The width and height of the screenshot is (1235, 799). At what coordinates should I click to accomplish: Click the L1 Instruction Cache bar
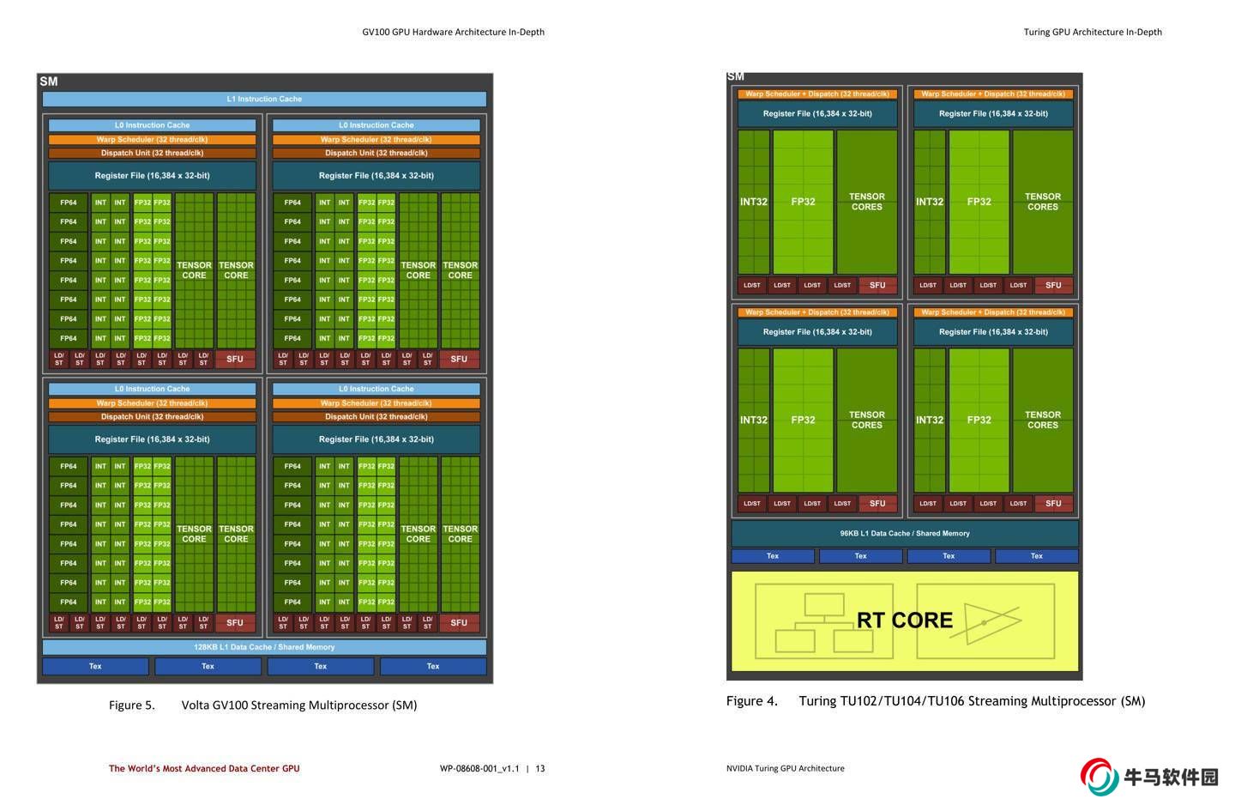(x=264, y=99)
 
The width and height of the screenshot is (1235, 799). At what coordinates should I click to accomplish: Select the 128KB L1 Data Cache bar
(x=264, y=647)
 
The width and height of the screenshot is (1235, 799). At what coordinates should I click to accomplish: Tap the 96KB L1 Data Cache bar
(x=905, y=533)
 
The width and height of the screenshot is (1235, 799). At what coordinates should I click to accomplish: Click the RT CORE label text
(x=905, y=620)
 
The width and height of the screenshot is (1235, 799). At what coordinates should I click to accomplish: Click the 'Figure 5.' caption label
(x=131, y=705)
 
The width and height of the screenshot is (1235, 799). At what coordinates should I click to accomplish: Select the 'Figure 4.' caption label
(x=751, y=701)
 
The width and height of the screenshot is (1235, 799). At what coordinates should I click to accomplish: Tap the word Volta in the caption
(x=197, y=705)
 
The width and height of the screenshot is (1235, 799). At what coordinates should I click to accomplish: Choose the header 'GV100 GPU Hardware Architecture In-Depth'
(x=453, y=32)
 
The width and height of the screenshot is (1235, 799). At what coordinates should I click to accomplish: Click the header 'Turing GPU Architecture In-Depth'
(x=1093, y=32)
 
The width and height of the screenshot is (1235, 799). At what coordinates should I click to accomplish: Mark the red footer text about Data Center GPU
(x=204, y=769)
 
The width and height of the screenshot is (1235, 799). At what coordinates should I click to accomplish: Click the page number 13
(x=540, y=769)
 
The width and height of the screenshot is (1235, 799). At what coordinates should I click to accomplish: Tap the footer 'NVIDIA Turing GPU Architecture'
(x=785, y=769)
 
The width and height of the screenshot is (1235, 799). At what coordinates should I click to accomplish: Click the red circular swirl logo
(x=1099, y=777)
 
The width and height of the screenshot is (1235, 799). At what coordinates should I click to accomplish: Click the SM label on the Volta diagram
(x=49, y=82)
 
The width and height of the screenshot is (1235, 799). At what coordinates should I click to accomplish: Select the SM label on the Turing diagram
(x=736, y=76)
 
